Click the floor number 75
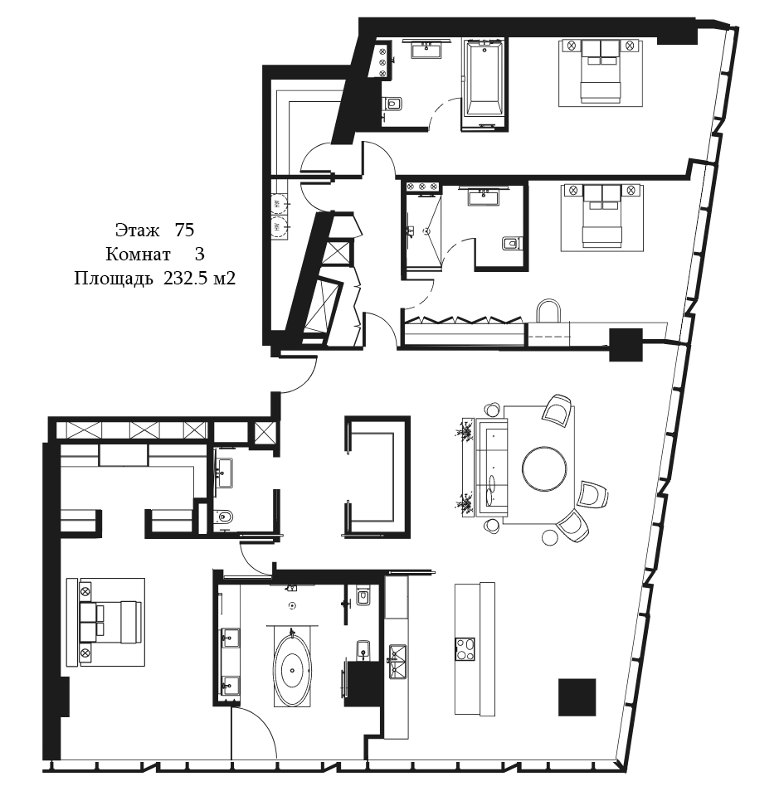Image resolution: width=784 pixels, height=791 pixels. pyautogui.click(x=184, y=230)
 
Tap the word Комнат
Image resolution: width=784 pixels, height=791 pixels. pyautogui.click(x=138, y=255)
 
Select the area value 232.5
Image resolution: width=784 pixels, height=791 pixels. pyautogui.click(x=186, y=279)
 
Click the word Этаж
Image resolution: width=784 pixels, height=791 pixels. pyautogui.click(x=138, y=231)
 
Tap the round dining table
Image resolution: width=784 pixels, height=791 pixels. pyautogui.click(x=545, y=468)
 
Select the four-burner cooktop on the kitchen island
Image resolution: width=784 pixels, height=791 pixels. pyautogui.click(x=465, y=649)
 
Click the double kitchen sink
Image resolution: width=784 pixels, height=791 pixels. pyautogui.click(x=397, y=662)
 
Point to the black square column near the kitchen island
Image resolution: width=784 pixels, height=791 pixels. pyautogui.click(x=577, y=697)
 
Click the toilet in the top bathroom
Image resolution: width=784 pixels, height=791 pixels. pyautogui.click(x=392, y=104)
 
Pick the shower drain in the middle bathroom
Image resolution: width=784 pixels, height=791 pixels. pyautogui.click(x=426, y=231)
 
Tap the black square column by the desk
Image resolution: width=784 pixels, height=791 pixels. pyautogui.click(x=626, y=345)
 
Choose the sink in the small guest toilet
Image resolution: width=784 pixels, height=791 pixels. pyautogui.click(x=224, y=473)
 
